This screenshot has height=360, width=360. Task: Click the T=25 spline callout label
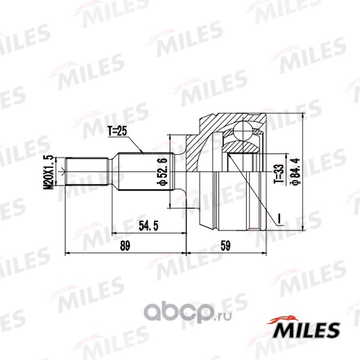[117, 131]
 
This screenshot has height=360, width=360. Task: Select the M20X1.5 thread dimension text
[49, 172]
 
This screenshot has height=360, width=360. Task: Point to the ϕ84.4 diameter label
[295, 171]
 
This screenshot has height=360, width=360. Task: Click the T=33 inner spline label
[279, 174]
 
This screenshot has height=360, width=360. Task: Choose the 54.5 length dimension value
[149, 226]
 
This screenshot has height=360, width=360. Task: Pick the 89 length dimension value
[125, 245]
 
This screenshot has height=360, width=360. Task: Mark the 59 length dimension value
[225, 245]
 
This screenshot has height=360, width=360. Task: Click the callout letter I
[279, 218]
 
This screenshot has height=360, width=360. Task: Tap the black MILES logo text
[305, 330]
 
